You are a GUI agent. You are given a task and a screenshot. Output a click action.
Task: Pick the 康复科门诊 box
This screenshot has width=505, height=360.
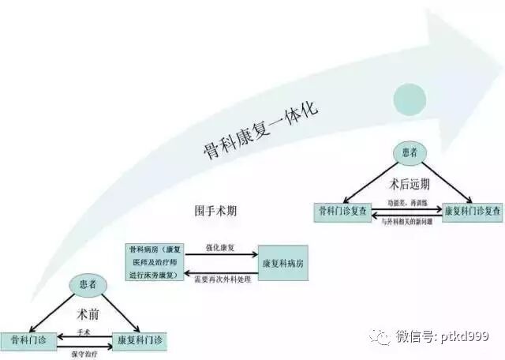pos(140,340)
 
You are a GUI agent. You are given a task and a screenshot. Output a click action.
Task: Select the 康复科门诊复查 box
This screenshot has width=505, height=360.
pos(473,212)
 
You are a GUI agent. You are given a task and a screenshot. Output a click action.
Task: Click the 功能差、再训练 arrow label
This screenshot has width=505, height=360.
pos(407,203)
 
